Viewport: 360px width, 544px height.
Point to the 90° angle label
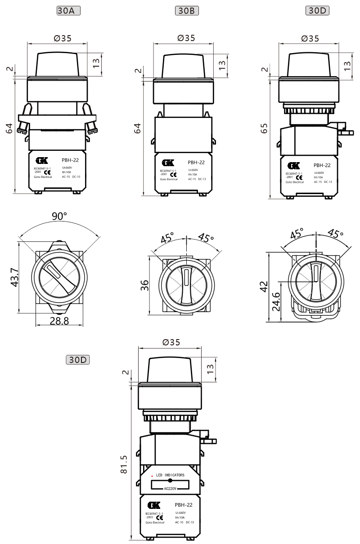pos(59,216)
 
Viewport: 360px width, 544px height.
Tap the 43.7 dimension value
pos(14,277)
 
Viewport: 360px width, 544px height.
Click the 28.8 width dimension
pos(59,320)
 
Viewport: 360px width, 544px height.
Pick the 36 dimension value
pos(144,285)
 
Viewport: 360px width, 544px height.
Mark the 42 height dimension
pos(264,286)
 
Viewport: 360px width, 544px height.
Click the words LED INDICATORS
pos(170,475)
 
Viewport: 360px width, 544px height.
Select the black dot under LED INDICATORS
pos(170,481)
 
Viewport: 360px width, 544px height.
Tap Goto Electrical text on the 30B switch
pos(169,179)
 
